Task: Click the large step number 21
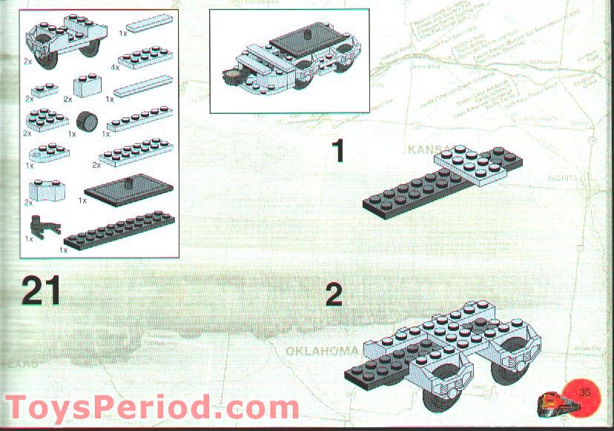coord(42,290)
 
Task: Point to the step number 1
coord(338,152)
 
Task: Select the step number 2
coord(334,295)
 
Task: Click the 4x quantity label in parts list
coord(115,68)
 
